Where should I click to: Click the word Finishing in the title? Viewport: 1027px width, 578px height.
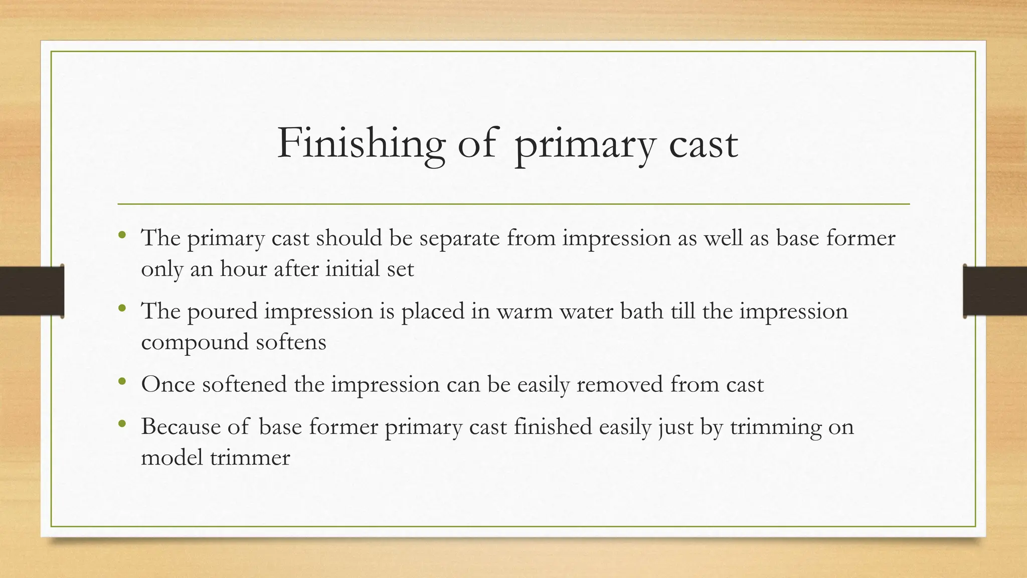pyautogui.click(x=361, y=144)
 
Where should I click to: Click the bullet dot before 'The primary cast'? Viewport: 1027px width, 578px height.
pyautogui.click(x=122, y=235)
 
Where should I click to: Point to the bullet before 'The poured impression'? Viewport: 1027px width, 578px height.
pyautogui.click(x=122, y=308)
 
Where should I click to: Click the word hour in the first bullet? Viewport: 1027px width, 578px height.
pyautogui.click(x=243, y=269)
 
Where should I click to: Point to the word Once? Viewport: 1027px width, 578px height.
pyautogui.click(x=168, y=385)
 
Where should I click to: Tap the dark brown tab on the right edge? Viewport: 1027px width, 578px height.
pyautogui.click(x=995, y=291)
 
